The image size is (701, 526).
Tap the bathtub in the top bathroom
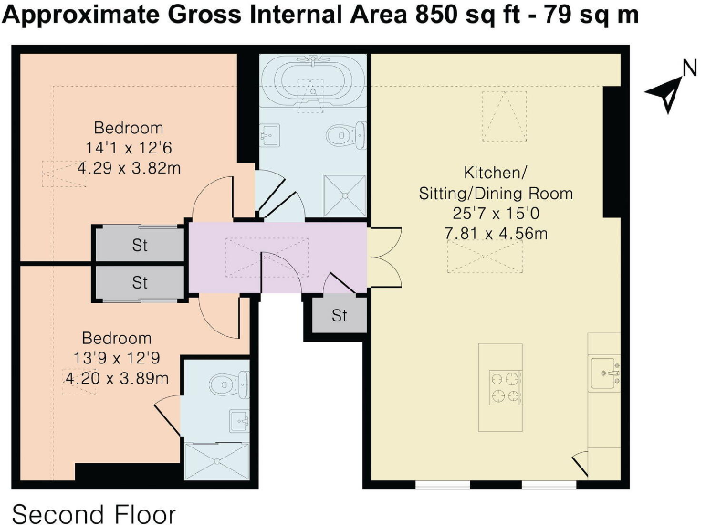pos(313,81)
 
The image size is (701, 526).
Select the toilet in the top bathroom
pos(346,134)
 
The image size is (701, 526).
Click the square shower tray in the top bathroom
pos(345,196)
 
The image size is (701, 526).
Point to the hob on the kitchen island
pos(506,387)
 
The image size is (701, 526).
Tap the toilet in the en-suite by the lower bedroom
pos(229,384)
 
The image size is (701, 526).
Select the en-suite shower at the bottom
pos(217,461)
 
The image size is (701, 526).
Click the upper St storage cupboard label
pos(140,245)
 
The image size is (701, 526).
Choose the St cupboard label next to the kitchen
pos(340,316)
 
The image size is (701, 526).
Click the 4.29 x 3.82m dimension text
pos(130,168)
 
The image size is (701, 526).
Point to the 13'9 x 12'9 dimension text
pos(117,358)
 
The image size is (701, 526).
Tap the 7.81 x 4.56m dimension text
pos(496,234)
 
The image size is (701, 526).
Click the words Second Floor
pos(94,514)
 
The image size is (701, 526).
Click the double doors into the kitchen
pos(384,258)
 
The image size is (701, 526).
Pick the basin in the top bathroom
pos(270,135)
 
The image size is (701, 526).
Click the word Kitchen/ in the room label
pos(496,173)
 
